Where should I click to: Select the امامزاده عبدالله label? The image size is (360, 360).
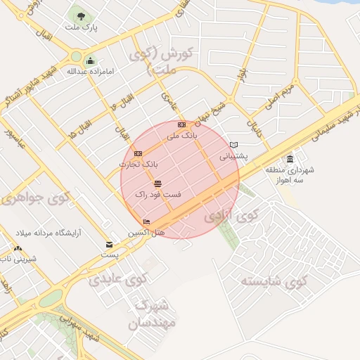90,71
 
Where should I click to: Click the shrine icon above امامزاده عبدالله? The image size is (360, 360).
90,60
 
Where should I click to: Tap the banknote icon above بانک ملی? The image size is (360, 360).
182,124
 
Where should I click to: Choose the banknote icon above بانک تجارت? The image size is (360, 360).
138,153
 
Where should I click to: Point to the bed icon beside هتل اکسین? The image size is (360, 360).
146,222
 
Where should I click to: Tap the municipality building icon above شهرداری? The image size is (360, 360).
290,159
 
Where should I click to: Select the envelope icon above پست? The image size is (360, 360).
108,245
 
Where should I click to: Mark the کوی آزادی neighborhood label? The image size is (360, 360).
232,215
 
